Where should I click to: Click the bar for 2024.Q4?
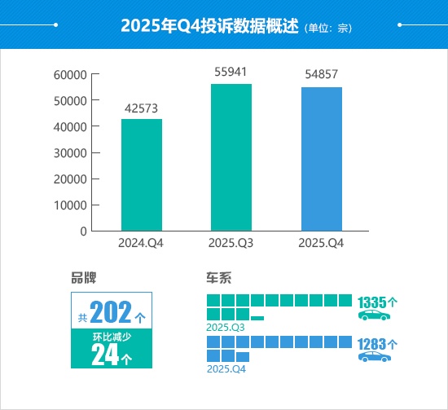(142, 175)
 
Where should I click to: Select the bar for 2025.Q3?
(231, 157)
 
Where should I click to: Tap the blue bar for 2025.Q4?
(322, 159)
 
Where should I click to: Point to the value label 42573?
(142, 108)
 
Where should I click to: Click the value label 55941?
(231, 73)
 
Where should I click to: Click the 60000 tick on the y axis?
(70, 75)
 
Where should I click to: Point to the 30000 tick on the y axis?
(70, 153)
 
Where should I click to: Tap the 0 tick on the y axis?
(83, 231)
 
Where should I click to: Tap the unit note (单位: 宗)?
(327, 27)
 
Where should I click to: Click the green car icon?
(375, 315)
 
